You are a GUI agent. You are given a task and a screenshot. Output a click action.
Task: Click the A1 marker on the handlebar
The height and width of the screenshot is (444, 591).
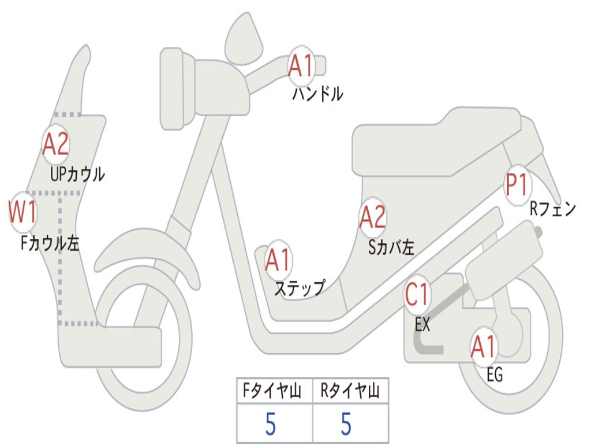point(301,65)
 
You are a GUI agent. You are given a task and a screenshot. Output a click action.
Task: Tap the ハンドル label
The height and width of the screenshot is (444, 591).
point(317,93)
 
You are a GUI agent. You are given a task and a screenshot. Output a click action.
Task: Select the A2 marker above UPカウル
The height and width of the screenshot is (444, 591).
point(56,145)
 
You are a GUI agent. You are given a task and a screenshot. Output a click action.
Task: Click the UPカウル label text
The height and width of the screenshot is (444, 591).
point(77,174)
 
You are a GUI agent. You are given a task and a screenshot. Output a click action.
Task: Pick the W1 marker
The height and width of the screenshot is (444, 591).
point(23,212)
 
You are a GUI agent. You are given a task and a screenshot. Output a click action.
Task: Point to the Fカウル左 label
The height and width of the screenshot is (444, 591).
point(50,243)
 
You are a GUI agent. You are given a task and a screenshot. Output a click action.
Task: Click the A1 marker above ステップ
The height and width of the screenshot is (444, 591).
point(278,260)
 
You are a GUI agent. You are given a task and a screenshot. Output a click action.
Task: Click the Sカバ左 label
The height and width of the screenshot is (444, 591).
point(391,247)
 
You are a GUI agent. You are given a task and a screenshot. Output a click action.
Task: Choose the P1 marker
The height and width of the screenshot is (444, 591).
point(517,185)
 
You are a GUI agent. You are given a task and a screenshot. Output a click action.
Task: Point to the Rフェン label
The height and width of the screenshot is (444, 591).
point(553,209)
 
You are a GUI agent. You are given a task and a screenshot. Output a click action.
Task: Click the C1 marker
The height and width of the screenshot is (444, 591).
point(417,294)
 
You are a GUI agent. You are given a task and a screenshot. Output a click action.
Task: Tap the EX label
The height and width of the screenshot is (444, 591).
point(422,325)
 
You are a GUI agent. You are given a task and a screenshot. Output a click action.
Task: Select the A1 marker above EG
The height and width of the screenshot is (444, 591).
point(483,347)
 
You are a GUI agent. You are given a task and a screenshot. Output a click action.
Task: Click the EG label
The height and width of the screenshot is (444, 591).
point(495,375)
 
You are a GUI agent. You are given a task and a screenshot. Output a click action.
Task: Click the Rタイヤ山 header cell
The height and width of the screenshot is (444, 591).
point(350,392)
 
